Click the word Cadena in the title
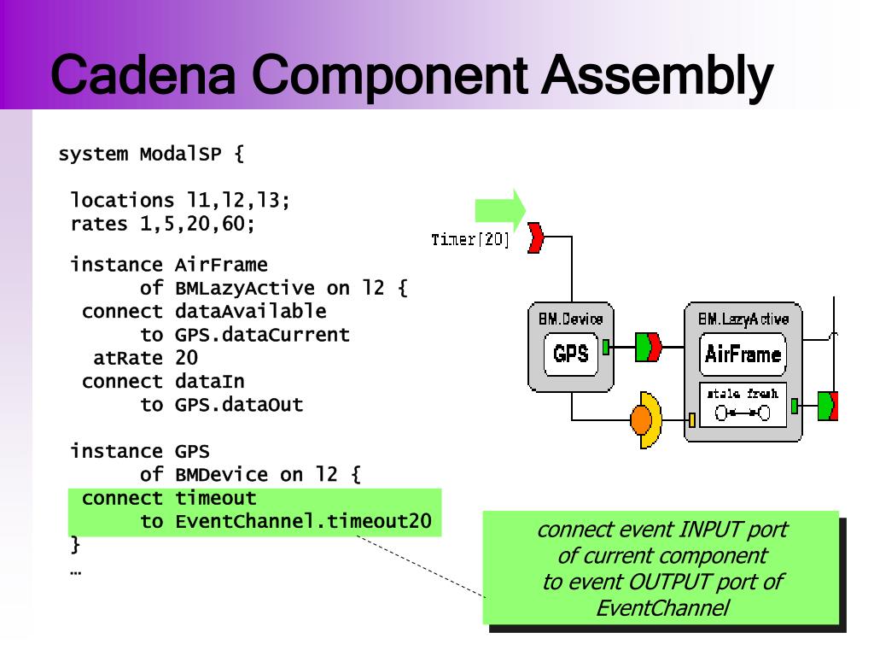click(143, 74)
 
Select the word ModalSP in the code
click(181, 154)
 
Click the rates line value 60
click(233, 224)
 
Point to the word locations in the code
click(122, 200)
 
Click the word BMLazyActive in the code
click(245, 289)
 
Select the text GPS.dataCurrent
click(262, 335)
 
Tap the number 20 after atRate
click(187, 358)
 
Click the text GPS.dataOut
click(239, 404)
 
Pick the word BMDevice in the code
click(221, 475)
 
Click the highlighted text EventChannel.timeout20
click(303, 521)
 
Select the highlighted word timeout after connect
click(216, 498)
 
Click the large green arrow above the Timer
click(500, 210)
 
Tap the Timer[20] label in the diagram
click(470, 239)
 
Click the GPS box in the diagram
click(571, 354)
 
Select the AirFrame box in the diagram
click(743, 354)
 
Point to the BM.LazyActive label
click(743, 319)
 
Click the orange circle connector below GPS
click(641, 419)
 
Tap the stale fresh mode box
click(743, 405)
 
